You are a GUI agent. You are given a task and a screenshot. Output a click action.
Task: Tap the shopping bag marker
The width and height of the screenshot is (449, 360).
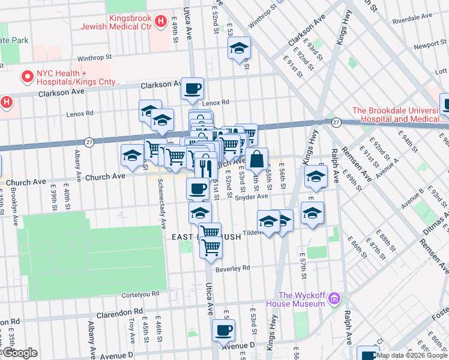coord(256,160)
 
